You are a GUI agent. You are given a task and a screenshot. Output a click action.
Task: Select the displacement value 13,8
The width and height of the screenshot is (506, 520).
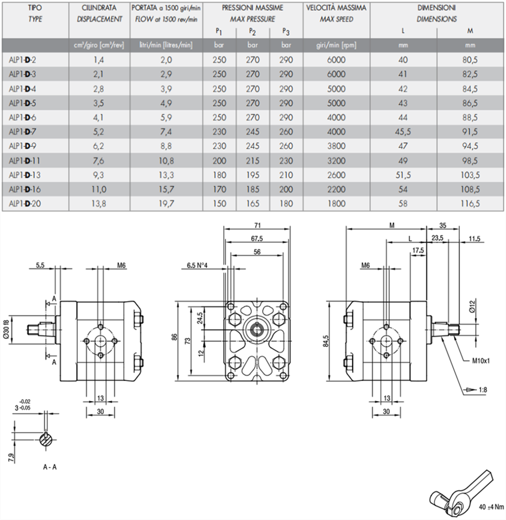pyautogui.click(x=98, y=203)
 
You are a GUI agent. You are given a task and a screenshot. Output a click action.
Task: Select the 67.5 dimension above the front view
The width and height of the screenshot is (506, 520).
pyautogui.click(x=256, y=238)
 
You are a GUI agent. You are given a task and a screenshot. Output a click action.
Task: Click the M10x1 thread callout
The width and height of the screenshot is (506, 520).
pyautogui.click(x=477, y=360)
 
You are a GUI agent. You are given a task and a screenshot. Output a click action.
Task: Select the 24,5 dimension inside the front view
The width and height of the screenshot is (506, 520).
pyautogui.click(x=201, y=317)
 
